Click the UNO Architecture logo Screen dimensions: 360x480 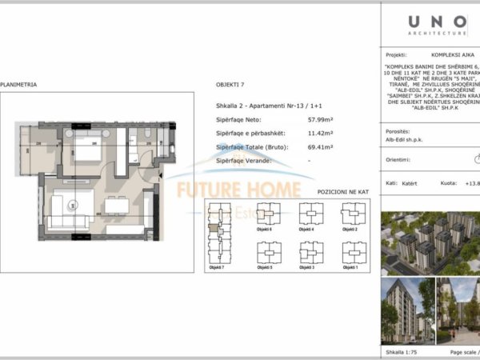click(x=438, y=25)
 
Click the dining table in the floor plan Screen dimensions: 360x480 click(x=117, y=206)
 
